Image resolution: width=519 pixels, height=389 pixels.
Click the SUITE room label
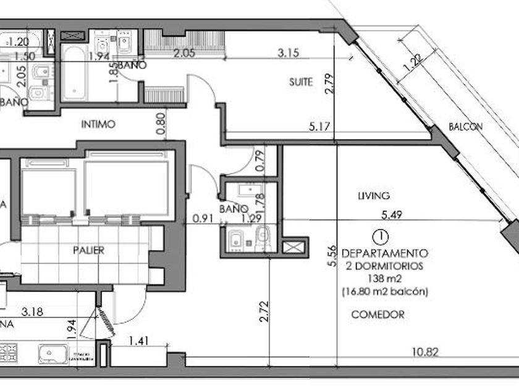301,82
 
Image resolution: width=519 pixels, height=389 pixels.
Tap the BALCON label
466,127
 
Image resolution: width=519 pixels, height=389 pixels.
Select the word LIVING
374,196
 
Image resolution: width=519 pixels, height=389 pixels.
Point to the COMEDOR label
378,314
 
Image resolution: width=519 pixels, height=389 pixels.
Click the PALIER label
88,251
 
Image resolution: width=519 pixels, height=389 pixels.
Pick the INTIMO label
98,124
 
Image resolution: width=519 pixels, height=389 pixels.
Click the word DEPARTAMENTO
384,253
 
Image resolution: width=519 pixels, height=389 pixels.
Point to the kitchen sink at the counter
54,354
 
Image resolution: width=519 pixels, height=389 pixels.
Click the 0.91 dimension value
203,218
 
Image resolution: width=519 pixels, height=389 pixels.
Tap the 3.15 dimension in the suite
289,53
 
